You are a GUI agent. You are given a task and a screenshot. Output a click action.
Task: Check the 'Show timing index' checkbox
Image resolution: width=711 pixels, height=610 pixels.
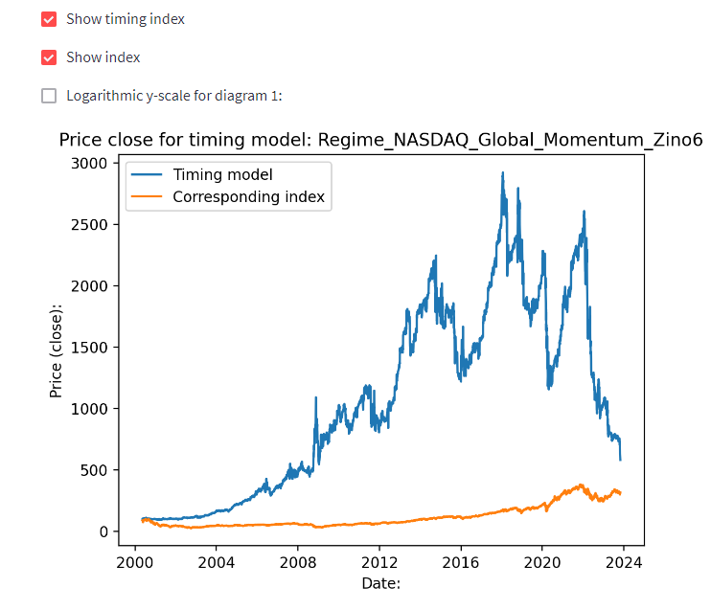point(50,19)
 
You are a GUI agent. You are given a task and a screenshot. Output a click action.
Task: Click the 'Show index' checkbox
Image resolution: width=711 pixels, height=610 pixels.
point(50,57)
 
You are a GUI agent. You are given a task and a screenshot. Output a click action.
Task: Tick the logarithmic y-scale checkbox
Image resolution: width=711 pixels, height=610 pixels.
point(50,96)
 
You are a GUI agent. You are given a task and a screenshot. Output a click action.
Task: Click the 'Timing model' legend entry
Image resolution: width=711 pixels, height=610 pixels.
point(222,174)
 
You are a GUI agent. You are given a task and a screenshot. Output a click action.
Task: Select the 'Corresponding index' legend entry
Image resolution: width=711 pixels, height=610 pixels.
point(248,198)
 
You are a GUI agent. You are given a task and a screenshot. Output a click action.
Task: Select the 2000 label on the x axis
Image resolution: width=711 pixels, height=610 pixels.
point(134,564)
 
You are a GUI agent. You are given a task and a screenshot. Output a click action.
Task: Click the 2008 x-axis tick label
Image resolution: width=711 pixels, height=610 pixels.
point(297,564)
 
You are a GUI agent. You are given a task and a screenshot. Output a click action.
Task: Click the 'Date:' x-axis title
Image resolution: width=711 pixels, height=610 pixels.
point(380,582)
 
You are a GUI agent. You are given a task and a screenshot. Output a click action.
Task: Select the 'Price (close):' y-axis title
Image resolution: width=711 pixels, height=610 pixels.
point(57,350)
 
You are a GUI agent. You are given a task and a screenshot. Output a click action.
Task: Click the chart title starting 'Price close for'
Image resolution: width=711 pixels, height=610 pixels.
point(380,140)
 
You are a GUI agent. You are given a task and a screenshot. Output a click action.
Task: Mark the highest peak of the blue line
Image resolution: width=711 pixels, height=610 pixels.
point(503,173)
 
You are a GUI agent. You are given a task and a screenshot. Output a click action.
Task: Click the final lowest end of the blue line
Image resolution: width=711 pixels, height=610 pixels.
point(620,460)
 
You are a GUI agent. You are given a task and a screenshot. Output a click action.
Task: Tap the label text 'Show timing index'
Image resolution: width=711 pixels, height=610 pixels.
point(126,19)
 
